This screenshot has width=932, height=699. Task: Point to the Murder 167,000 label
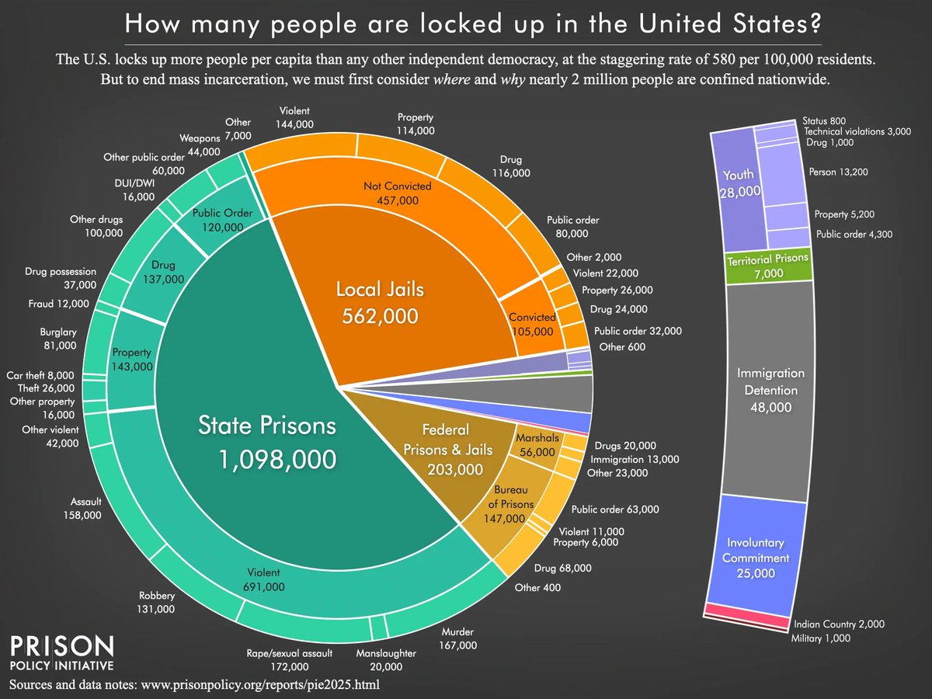tap(457, 638)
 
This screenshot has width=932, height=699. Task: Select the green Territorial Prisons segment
tap(767, 264)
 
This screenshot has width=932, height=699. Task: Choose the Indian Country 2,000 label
tap(839, 624)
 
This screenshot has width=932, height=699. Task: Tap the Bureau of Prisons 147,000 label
tap(513, 504)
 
